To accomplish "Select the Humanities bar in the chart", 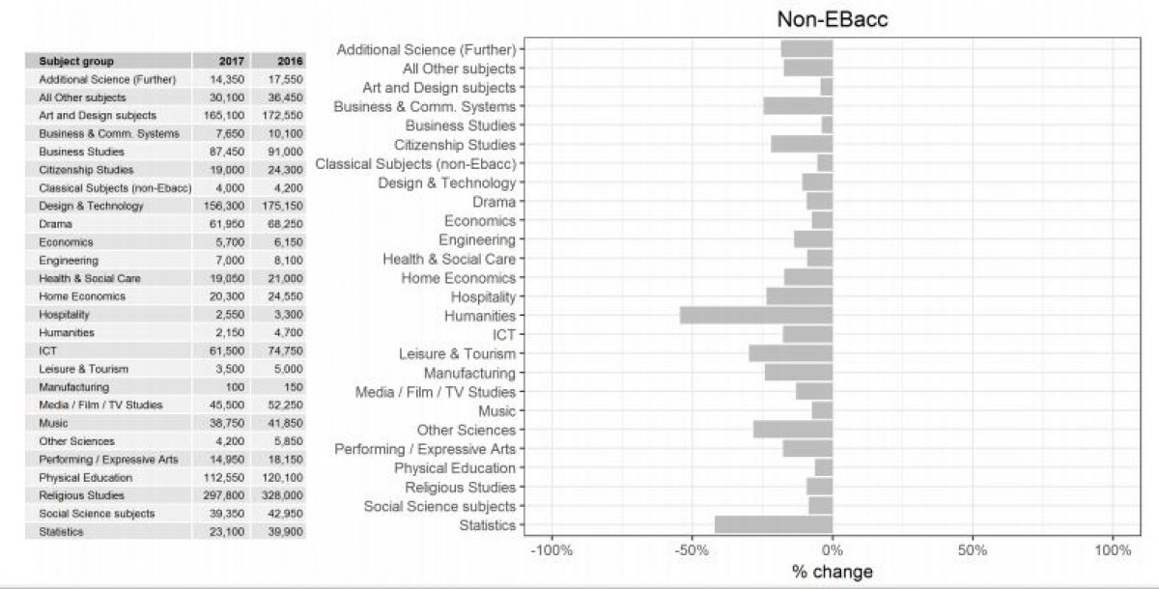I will [x=756, y=316].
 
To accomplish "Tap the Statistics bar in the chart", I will [x=774, y=525].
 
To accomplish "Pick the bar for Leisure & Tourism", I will [x=790, y=354].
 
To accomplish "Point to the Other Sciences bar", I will [x=793, y=430].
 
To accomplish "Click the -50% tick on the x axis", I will [x=692, y=550].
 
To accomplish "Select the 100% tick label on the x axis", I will [x=1113, y=550].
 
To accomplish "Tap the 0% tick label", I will [x=833, y=550].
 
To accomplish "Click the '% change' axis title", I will [x=832, y=572].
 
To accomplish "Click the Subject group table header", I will [x=76, y=61].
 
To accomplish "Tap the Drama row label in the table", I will [x=55, y=224].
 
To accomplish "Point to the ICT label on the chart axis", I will [x=503, y=335].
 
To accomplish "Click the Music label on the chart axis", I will [x=496, y=411].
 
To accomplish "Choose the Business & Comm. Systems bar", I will [x=798, y=106].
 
